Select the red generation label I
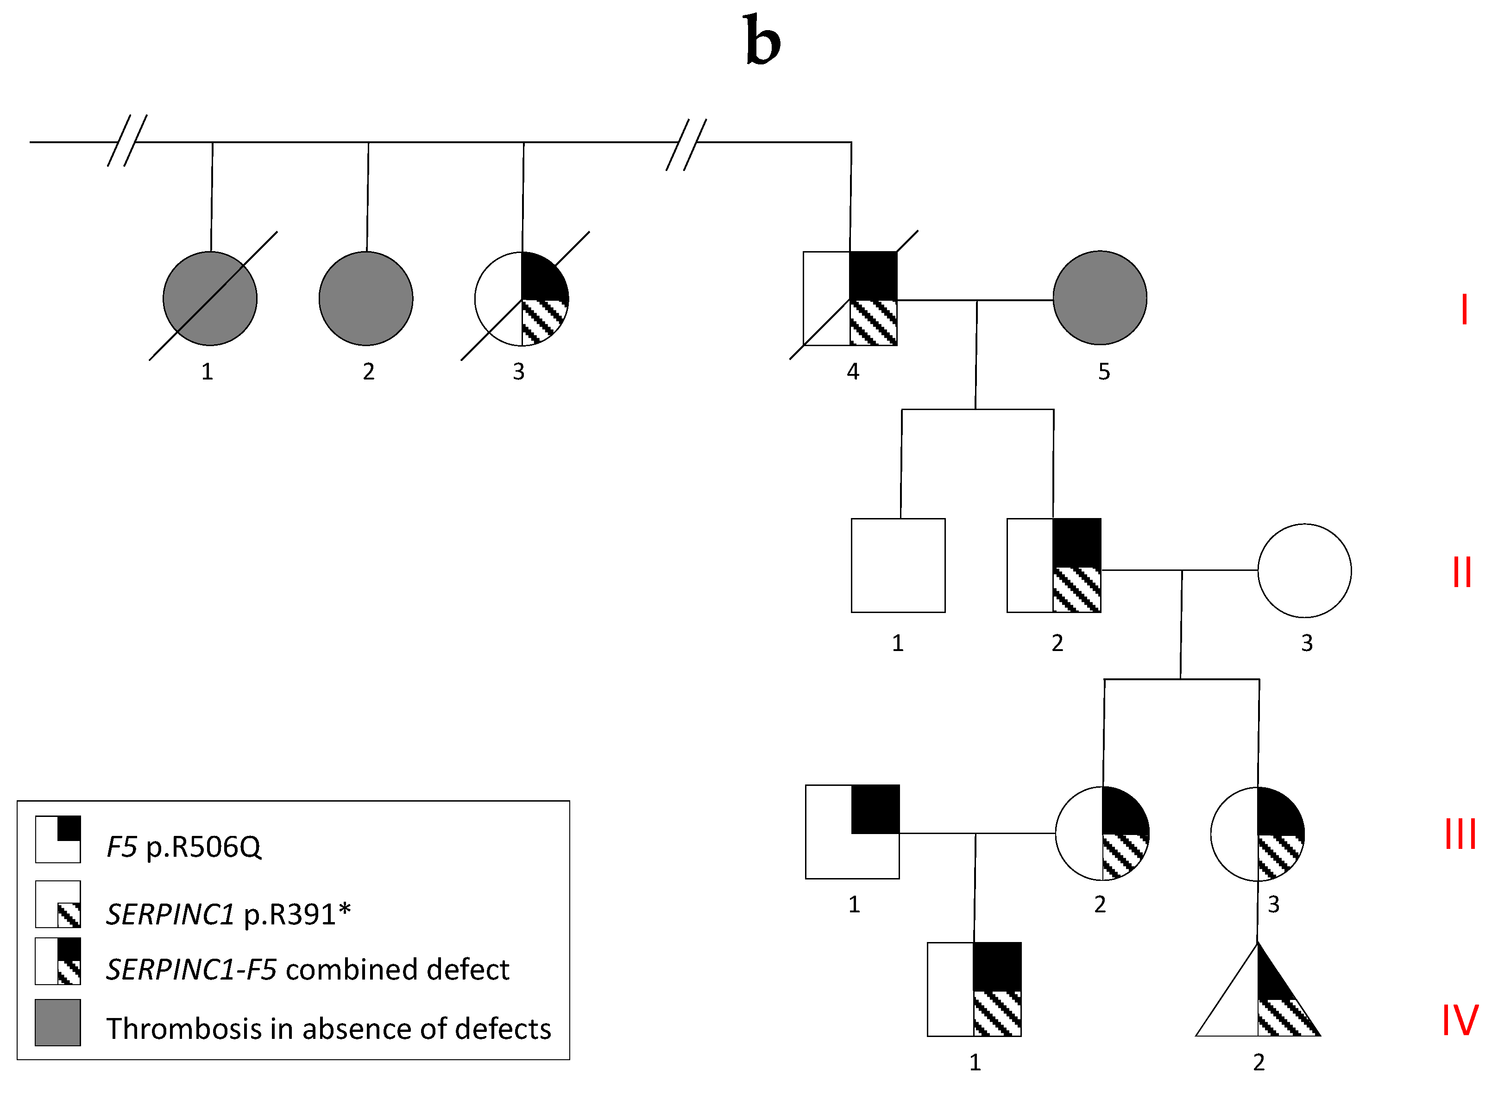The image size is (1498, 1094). [x=1464, y=309]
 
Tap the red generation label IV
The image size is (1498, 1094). [x=1460, y=1020]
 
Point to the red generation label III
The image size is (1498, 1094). [x=1460, y=834]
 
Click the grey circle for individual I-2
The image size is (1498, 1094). [x=366, y=298]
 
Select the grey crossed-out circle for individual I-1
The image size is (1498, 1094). [x=210, y=298]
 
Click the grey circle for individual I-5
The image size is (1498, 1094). [x=1100, y=297]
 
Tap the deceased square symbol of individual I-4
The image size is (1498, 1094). [x=850, y=298]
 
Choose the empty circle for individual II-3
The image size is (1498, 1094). [x=1304, y=570]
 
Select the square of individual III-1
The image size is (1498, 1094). [x=852, y=832]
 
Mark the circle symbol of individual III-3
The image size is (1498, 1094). [x=1257, y=834]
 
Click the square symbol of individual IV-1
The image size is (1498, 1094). [x=974, y=989]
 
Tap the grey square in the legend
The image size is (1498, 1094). [x=57, y=1023]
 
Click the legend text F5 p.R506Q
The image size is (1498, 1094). [x=184, y=847]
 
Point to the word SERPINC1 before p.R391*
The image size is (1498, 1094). [x=170, y=915]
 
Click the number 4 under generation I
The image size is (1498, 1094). [x=853, y=372]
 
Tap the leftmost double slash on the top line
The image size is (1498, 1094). [x=127, y=140]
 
